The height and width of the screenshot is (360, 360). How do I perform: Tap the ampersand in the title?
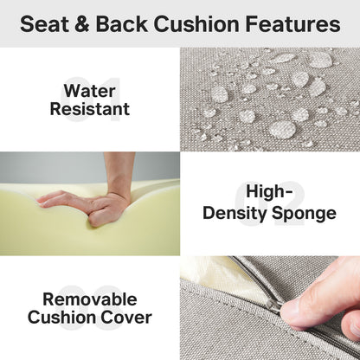(x=90, y=24)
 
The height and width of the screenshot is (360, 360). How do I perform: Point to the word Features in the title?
(x=298, y=24)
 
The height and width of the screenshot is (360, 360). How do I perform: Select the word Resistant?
(x=90, y=110)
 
